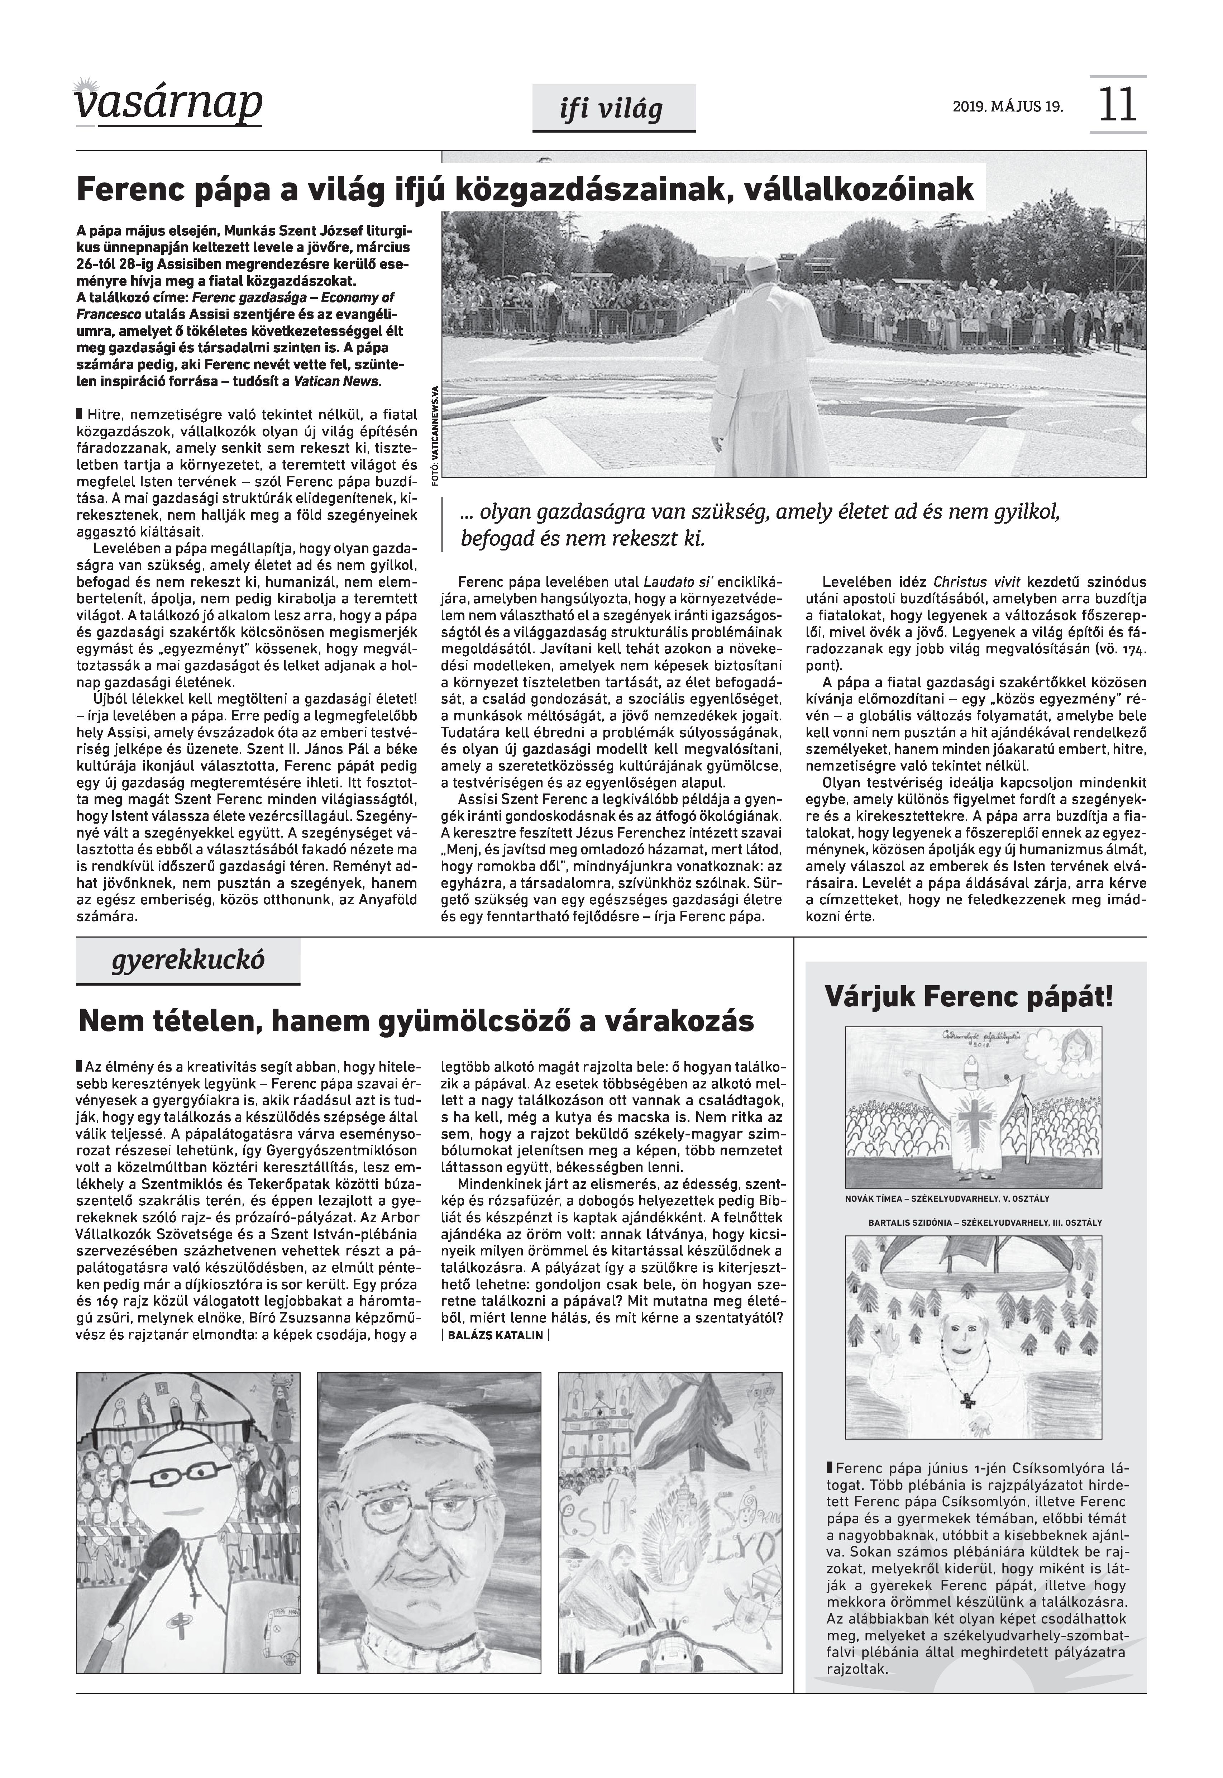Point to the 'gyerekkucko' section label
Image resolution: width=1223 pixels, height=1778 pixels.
(x=188, y=960)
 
